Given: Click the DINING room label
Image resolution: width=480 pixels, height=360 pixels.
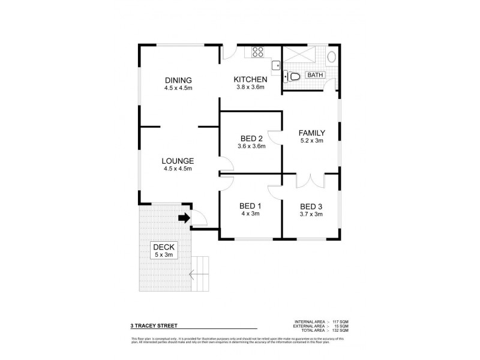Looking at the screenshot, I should click(178, 80).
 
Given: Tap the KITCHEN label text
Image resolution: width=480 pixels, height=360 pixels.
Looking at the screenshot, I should click(250, 79).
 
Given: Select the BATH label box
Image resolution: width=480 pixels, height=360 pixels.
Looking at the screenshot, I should click(316, 75).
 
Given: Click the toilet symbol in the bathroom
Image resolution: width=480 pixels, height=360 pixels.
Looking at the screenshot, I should click(293, 76).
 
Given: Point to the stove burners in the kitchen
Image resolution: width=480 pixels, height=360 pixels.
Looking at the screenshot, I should click(259, 51).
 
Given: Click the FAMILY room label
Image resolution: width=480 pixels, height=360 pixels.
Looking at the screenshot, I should click(312, 133).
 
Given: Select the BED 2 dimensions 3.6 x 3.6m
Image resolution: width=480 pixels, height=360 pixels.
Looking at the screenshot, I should click(250, 146).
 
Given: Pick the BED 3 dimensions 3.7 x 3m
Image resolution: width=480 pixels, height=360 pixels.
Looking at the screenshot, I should click(311, 214).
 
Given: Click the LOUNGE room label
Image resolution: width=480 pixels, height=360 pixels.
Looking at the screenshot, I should click(178, 161).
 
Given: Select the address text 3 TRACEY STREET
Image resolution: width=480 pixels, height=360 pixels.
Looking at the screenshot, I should click(154, 328).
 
